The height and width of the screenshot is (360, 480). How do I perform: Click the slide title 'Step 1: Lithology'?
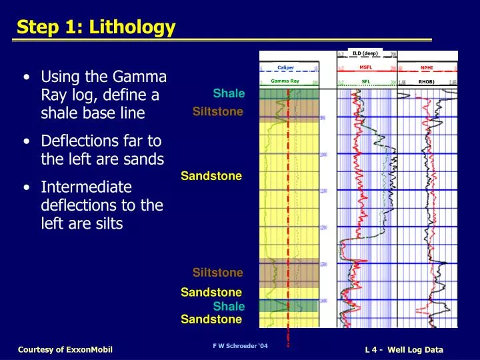point(96,27)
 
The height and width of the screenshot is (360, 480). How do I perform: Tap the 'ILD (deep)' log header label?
point(365,53)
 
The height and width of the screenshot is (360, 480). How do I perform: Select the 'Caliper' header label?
point(285,67)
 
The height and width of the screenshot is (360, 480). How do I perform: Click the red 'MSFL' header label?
point(365,67)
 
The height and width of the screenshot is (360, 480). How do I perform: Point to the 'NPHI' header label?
point(427,67)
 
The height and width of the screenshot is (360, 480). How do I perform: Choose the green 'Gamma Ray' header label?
point(285,81)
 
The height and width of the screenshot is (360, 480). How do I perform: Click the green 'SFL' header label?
point(365,81)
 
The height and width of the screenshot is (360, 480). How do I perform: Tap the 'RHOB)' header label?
point(426,82)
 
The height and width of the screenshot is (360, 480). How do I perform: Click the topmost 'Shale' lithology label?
point(229,93)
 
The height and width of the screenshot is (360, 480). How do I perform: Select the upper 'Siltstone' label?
point(217,111)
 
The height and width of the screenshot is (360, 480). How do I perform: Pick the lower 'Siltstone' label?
point(217,273)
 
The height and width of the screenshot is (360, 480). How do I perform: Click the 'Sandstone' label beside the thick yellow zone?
point(211,176)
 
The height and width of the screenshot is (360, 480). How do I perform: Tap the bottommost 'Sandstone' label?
point(211,319)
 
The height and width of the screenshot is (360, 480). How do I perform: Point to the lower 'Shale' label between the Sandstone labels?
point(229,307)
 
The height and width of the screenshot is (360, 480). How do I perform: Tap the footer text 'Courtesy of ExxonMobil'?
point(65,350)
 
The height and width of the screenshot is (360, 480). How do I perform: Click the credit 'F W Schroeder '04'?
point(240,346)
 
